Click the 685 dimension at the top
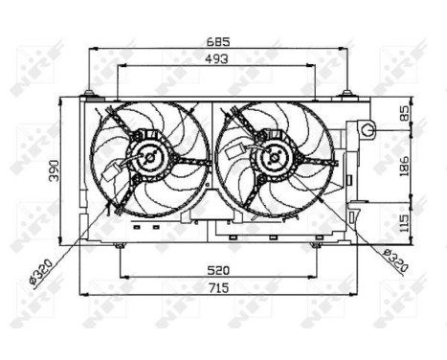coord(223,43)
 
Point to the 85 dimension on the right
coord(403,113)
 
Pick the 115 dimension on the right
coord(403,221)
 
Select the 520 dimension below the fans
coord(217,271)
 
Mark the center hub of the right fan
coord(274,156)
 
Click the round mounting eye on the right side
coord(369,129)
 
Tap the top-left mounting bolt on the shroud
coord(89,93)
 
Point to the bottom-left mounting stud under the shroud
coord(119,246)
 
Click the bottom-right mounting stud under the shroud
coord(315,246)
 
